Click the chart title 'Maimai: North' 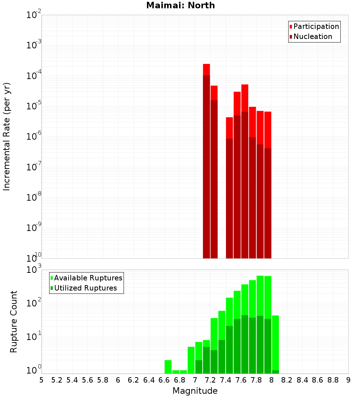[180, 5]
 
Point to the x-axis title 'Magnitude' [195, 391]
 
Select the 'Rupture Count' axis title [14, 321]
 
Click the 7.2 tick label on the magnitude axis [210, 380]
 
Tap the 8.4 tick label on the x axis [302, 380]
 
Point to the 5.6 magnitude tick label [87, 380]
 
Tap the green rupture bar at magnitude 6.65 [168, 367]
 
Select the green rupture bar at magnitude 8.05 [275, 343]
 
